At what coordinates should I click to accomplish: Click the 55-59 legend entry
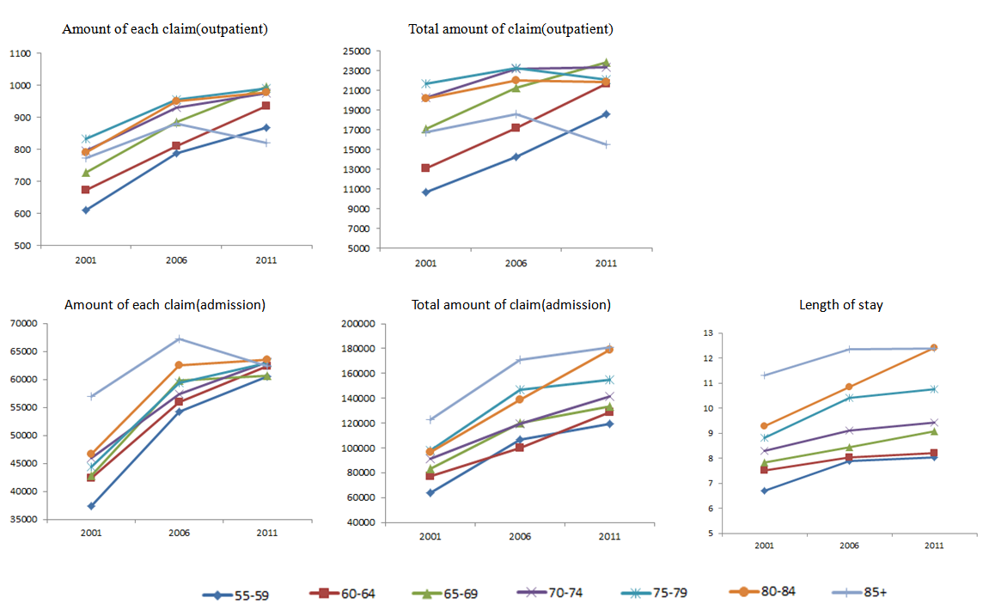tap(235, 594)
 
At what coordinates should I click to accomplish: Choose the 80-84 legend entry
tap(755, 592)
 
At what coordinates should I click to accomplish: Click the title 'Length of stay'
tap(840, 305)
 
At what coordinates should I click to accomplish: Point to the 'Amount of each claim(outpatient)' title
tap(165, 29)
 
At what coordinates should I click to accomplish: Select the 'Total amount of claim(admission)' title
tap(511, 305)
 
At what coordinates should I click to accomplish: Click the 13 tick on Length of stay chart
tap(708, 333)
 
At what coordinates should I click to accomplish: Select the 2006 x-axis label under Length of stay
tap(847, 545)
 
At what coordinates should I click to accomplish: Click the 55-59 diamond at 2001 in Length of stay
tap(764, 491)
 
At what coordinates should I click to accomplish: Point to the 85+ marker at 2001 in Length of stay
tap(764, 375)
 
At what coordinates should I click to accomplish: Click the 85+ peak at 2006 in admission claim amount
tap(179, 339)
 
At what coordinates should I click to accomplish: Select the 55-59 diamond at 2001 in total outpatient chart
tap(426, 192)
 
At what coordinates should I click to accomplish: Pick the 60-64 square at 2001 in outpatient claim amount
tap(85, 190)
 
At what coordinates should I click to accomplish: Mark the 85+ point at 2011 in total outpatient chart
tap(606, 144)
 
